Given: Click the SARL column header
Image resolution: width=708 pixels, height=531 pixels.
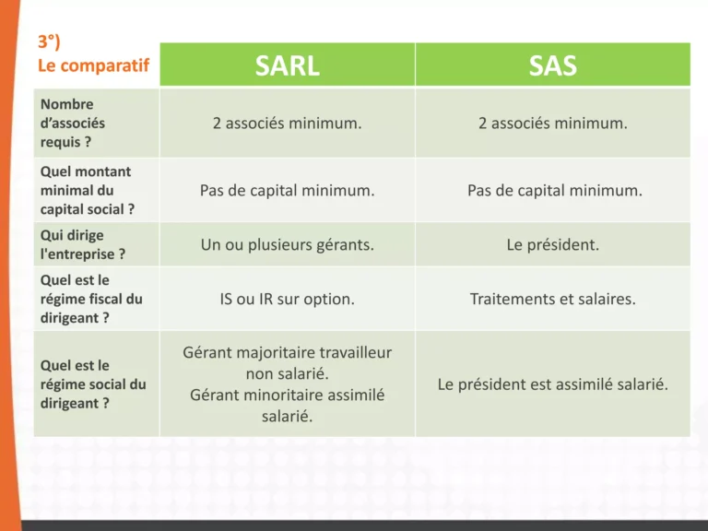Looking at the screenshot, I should click(x=287, y=65).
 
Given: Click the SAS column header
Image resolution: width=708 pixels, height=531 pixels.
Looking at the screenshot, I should click(x=552, y=65).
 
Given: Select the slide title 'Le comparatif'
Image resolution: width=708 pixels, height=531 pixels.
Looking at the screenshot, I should click(x=92, y=65).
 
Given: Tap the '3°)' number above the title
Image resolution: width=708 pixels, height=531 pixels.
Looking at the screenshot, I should click(x=49, y=42).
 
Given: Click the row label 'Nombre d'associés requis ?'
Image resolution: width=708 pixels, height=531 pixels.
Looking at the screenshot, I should click(x=73, y=124).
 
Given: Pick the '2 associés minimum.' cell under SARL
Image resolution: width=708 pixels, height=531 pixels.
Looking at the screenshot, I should click(x=287, y=123).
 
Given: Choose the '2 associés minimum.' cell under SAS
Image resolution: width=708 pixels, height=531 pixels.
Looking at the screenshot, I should click(x=552, y=123).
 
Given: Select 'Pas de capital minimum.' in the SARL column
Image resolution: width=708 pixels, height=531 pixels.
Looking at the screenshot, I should click(x=287, y=190).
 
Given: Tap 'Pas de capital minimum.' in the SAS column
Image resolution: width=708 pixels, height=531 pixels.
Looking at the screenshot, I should click(x=552, y=190).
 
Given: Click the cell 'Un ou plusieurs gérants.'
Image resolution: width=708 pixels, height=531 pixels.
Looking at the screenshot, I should click(x=287, y=245).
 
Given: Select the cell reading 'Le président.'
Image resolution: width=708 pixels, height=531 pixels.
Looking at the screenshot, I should click(x=552, y=245).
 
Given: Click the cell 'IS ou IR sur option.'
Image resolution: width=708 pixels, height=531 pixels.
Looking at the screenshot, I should click(x=287, y=299).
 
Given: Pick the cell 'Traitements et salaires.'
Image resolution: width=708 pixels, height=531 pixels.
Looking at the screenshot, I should click(x=552, y=299).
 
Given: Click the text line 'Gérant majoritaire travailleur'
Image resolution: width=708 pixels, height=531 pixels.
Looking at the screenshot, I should click(x=287, y=352).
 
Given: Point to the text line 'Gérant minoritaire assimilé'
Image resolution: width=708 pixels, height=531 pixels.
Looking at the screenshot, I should click(x=287, y=395).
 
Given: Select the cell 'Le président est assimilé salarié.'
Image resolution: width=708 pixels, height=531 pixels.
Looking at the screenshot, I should click(x=552, y=383).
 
